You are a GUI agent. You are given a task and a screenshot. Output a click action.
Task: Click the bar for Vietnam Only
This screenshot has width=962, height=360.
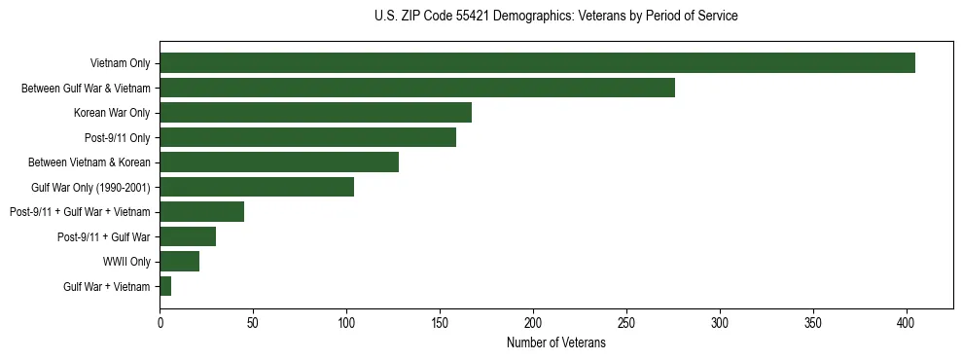[537, 63]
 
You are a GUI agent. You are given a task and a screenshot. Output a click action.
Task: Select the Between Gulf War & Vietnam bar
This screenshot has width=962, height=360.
[417, 88]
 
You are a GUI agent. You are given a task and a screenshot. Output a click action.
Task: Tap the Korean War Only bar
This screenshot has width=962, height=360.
[316, 113]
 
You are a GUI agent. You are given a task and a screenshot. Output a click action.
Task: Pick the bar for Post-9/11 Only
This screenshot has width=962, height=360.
[308, 137]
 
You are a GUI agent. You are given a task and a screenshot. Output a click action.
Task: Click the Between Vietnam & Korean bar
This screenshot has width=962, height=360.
[279, 162]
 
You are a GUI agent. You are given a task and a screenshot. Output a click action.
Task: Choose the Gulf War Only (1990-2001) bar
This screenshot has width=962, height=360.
[257, 187]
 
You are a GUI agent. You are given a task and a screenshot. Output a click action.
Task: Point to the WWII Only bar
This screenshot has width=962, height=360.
[180, 262]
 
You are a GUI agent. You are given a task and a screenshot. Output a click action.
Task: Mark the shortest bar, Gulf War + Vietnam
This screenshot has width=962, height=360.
[165, 286]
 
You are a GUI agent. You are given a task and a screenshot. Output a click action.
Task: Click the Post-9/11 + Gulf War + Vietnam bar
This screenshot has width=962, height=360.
[202, 212]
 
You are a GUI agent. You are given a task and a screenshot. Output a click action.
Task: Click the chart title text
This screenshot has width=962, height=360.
[555, 17]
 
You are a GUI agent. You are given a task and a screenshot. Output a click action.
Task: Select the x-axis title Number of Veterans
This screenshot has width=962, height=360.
[555, 343]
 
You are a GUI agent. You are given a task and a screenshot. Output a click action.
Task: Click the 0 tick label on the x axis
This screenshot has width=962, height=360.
[160, 322]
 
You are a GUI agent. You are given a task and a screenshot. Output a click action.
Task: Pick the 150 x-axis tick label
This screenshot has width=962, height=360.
[440, 322]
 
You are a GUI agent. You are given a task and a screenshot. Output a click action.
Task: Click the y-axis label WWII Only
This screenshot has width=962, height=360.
[126, 262]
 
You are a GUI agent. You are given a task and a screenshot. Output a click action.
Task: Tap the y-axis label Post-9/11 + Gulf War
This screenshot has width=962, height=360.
[104, 236]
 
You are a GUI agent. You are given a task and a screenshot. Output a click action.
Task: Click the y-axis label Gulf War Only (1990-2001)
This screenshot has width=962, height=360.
[91, 187]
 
